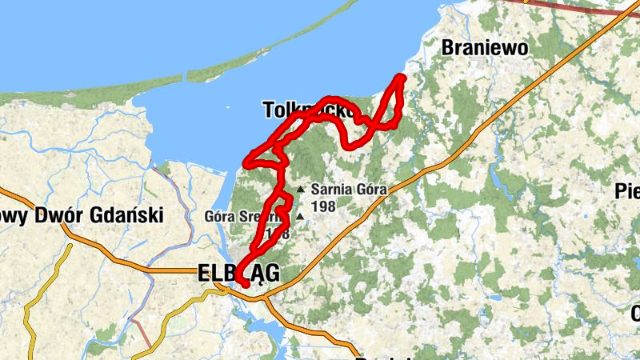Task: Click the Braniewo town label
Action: pyautogui.click(x=486, y=48)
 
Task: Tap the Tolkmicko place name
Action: pyautogui.click(x=308, y=110)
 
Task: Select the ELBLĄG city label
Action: pyautogui.click(x=238, y=274)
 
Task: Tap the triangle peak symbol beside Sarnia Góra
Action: pyautogui.click(x=301, y=190)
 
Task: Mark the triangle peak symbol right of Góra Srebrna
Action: pyautogui.click(x=299, y=216)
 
